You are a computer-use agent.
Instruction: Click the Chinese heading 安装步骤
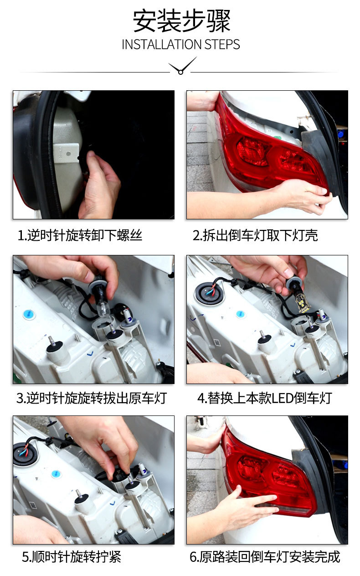point(181,21)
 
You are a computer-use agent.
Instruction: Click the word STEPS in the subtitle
point(222,45)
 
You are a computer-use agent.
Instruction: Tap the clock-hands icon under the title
point(182,66)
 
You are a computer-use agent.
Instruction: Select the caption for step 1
point(80,235)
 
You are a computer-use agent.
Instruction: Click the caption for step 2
point(255,235)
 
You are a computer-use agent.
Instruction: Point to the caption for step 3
point(92,398)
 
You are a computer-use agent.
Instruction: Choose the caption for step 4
point(265,398)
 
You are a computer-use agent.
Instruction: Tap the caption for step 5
point(72,557)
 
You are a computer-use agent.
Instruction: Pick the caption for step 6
point(265,557)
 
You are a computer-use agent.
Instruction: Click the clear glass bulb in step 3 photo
point(104,309)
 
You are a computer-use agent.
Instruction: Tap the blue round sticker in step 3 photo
point(29,315)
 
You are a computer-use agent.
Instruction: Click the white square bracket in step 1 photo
point(66,153)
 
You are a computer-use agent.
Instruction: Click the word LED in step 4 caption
point(283,398)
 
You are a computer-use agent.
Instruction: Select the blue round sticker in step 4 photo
point(241,314)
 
